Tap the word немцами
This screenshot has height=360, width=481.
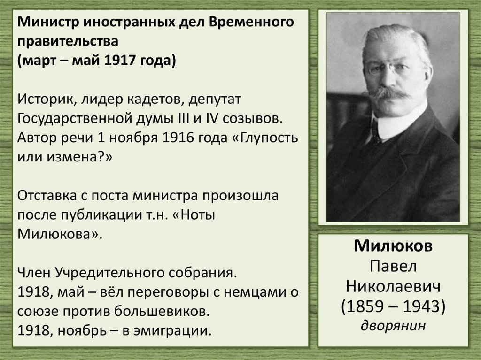coord(256,292)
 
